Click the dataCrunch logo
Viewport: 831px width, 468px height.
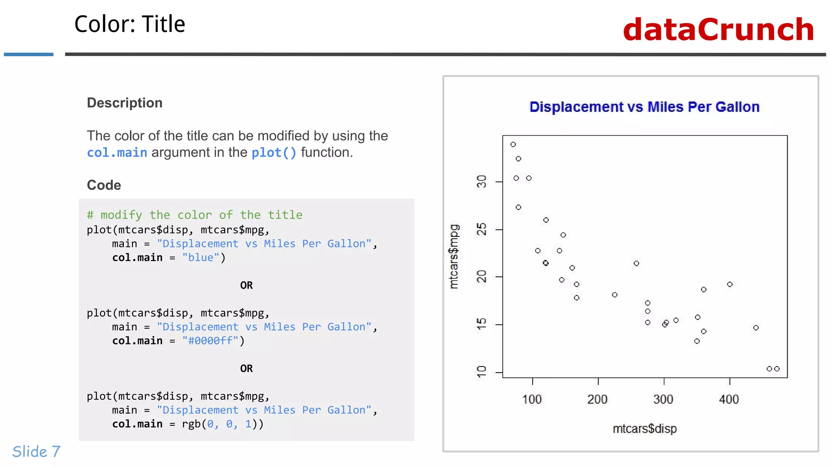pyautogui.click(x=718, y=30)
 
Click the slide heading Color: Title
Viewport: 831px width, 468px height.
pyautogui.click(x=129, y=24)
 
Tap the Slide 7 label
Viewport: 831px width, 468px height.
pyautogui.click(x=36, y=451)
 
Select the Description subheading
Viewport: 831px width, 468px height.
pyautogui.click(x=125, y=103)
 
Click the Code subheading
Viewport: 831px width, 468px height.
pyautogui.click(x=104, y=185)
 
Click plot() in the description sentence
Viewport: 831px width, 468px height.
pyautogui.click(x=274, y=152)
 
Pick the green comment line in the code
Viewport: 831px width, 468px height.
pyautogui.click(x=194, y=214)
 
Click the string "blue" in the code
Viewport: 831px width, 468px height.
pyautogui.click(x=200, y=258)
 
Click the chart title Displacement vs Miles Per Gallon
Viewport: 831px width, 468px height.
pyautogui.click(x=644, y=107)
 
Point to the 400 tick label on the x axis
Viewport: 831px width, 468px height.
pyautogui.click(x=729, y=399)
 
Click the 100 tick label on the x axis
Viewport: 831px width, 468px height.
pyautogui.click(x=532, y=399)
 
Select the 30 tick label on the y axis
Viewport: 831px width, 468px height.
pyautogui.click(x=482, y=182)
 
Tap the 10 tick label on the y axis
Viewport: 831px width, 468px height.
pyautogui.click(x=482, y=371)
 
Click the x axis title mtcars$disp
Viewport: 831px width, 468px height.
pyautogui.click(x=644, y=429)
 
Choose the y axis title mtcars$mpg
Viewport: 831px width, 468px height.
pyautogui.click(x=454, y=256)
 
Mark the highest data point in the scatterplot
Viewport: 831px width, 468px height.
pyautogui.click(x=513, y=144)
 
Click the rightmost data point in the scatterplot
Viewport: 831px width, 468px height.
pyautogui.click(x=777, y=368)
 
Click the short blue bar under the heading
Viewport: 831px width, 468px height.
pyautogui.click(x=28, y=54)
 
